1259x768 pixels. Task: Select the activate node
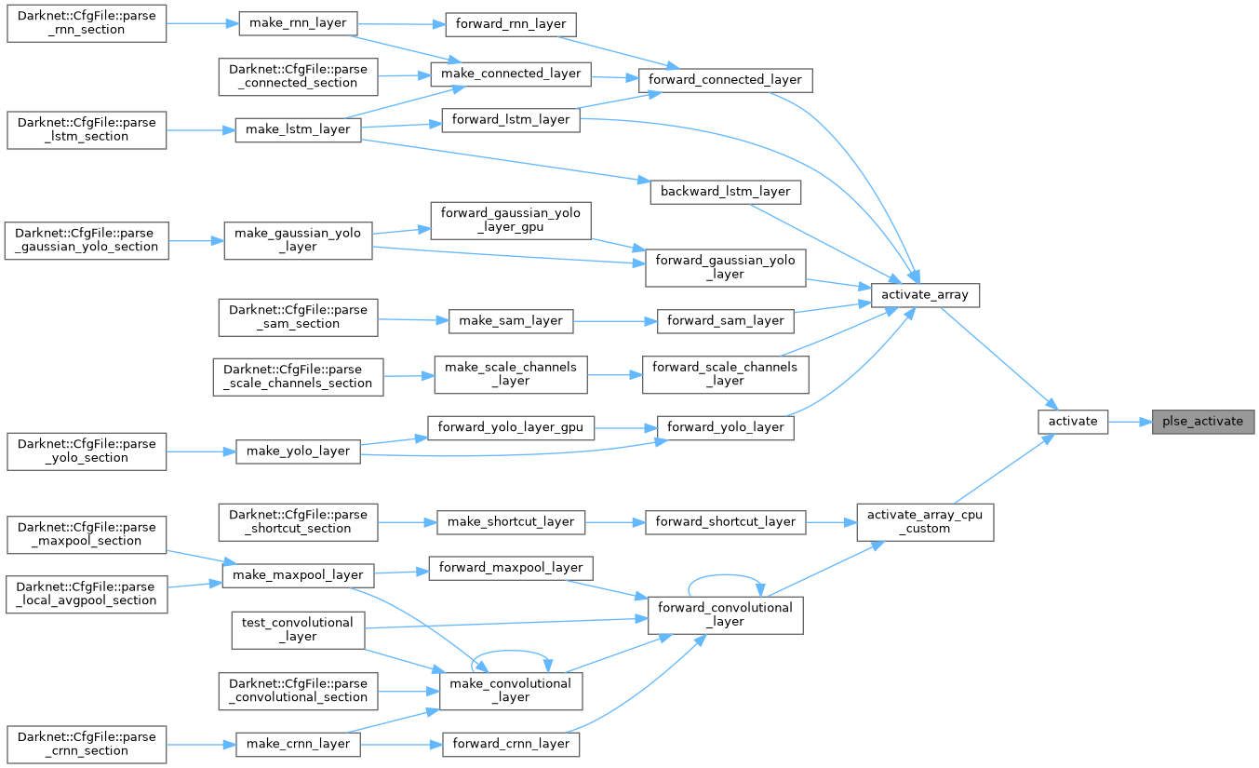pyautogui.click(x=1073, y=421)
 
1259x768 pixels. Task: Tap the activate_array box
pyautogui.click(x=925, y=294)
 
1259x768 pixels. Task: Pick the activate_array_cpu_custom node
pyautogui.click(x=925, y=521)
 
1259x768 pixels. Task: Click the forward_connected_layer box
pyautogui.click(x=726, y=79)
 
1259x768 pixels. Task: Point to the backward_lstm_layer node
pyautogui.click(x=725, y=191)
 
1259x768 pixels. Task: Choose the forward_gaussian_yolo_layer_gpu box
pyautogui.click(x=511, y=220)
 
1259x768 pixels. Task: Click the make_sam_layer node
pyautogui.click(x=511, y=320)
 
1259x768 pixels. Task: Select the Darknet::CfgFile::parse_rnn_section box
pyautogui.click(x=87, y=21)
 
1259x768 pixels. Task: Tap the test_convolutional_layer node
pyautogui.click(x=298, y=629)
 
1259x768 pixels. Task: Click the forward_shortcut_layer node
pyautogui.click(x=726, y=521)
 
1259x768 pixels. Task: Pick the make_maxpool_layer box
pyautogui.click(x=298, y=574)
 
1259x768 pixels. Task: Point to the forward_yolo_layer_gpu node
pyautogui.click(x=511, y=428)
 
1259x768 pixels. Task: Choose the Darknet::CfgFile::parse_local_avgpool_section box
pyautogui.click(x=87, y=594)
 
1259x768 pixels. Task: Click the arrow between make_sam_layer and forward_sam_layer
pyautogui.click(x=615, y=320)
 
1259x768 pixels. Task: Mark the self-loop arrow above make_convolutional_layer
pyautogui.click(x=510, y=653)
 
